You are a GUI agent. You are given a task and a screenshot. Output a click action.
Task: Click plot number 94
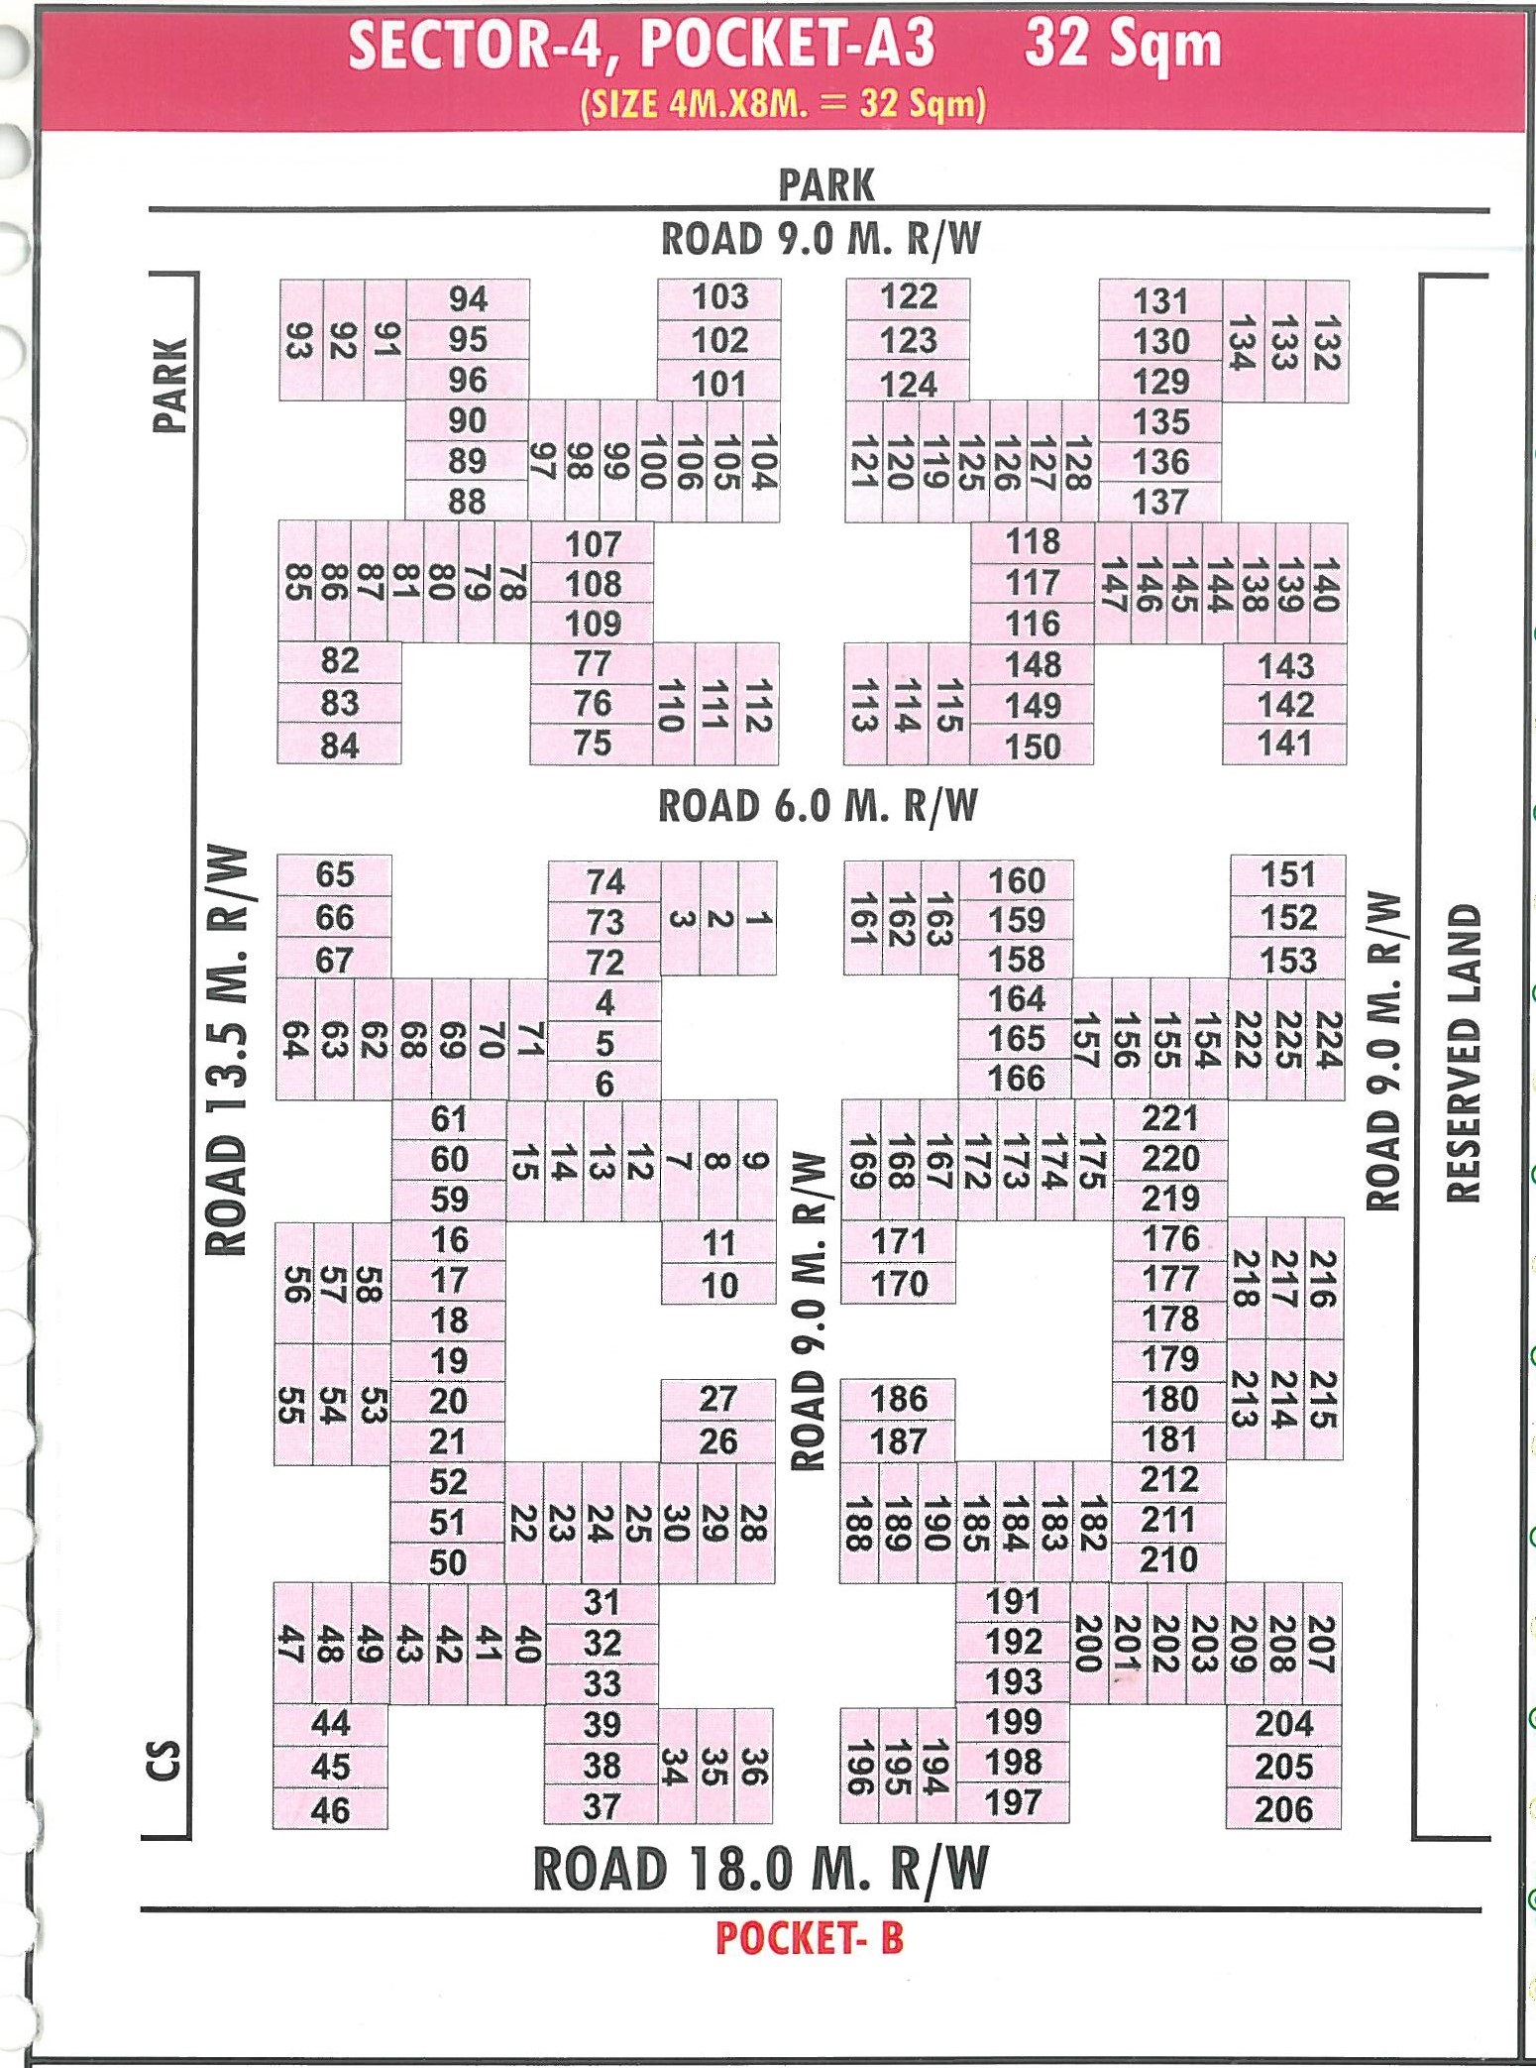[468, 299]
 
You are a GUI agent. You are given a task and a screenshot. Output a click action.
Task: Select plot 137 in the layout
[1160, 502]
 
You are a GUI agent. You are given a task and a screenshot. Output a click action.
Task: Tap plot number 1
[758, 918]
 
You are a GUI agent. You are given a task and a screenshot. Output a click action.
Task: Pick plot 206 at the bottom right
[1283, 1809]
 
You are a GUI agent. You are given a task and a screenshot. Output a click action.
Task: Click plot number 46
[330, 1810]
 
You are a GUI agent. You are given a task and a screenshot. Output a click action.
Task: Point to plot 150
[1033, 747]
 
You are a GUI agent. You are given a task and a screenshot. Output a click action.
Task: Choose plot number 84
[339, 746]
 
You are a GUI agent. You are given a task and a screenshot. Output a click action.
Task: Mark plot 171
[899, 1241]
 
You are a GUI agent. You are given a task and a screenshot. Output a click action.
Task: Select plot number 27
[718, 1399]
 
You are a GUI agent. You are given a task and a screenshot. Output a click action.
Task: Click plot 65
[334, 875]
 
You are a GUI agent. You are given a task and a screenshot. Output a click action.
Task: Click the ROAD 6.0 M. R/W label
[818, 806]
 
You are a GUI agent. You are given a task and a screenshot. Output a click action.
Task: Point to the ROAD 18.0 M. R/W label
[761, 1870]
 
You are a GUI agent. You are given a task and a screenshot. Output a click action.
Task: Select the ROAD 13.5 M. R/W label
[227, 1051]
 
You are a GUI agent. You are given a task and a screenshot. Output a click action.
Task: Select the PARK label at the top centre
[826, 185]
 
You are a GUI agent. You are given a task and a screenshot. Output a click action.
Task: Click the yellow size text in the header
[783, 103]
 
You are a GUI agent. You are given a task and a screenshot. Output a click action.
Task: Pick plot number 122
[908, 296]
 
